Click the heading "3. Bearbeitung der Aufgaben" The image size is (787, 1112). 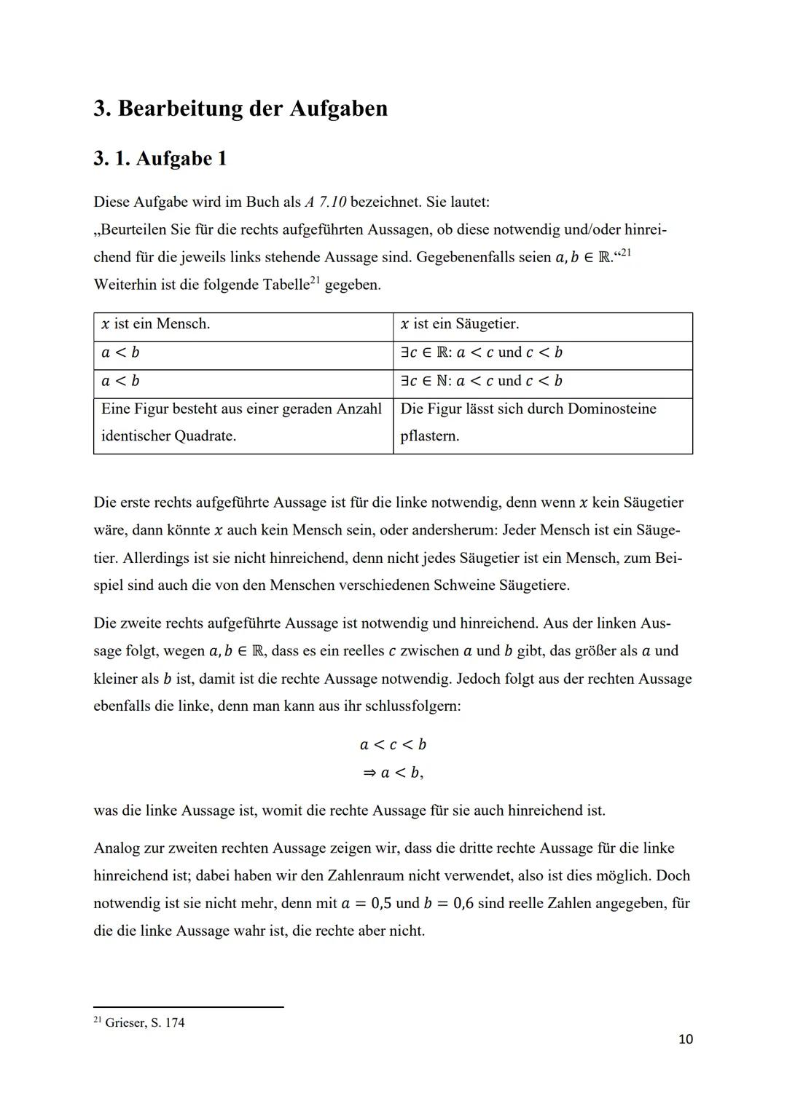click(x=240, y=109)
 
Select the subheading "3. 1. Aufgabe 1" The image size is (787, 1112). click(x=160, y=159)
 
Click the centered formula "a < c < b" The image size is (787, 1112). click(x=393, y=744)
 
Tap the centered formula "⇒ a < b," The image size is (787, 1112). click(x=393, y=773)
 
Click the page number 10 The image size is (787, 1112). click(x=685, y=1039)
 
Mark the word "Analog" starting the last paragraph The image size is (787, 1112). click(x=117, y=848)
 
